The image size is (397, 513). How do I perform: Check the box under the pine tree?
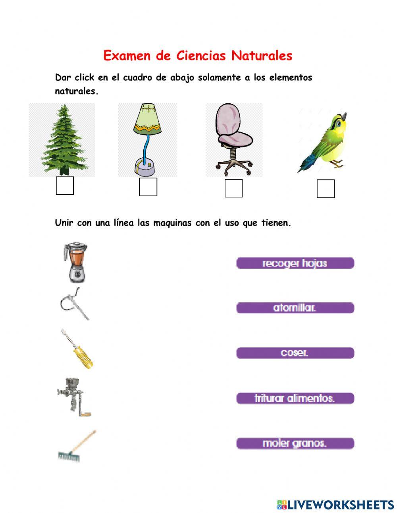click(x=65, y=186)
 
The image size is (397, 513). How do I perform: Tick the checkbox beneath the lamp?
click(x=148, y=187)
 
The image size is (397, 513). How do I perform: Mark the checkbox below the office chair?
click(x=233, y=188)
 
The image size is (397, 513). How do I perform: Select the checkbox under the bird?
click(x=326, y=189)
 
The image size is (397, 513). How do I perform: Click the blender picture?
click(x=75, y=262)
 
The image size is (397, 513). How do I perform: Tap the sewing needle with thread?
click(x=74, y=304)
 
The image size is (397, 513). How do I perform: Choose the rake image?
click(x=77, y=446)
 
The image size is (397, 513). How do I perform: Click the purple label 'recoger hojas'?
click(x=295, y=263)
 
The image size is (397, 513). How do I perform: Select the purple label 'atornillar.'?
click(x=295, y=308)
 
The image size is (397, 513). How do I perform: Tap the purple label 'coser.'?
click(x=295, y=353)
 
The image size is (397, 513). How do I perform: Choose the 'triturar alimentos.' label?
click(x=295, y=398)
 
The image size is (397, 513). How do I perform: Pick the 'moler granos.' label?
click(x=295, y=443)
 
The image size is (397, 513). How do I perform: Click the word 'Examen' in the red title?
click(x=127, y=56)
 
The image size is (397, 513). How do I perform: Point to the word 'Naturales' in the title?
click(x=262, y=56)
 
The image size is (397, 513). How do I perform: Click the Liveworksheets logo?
click(x=335, y=505)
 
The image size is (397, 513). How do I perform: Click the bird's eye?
click(x=338, y=124)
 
